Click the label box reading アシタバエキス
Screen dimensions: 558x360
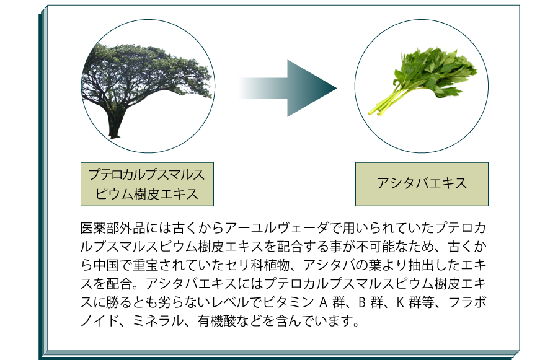pyautogui.click(x=422, y=184)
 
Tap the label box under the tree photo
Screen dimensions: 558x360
pyautogui.click(x=147, y=184)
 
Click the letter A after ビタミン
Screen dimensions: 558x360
pyautogui.click(x=323, y=302)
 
